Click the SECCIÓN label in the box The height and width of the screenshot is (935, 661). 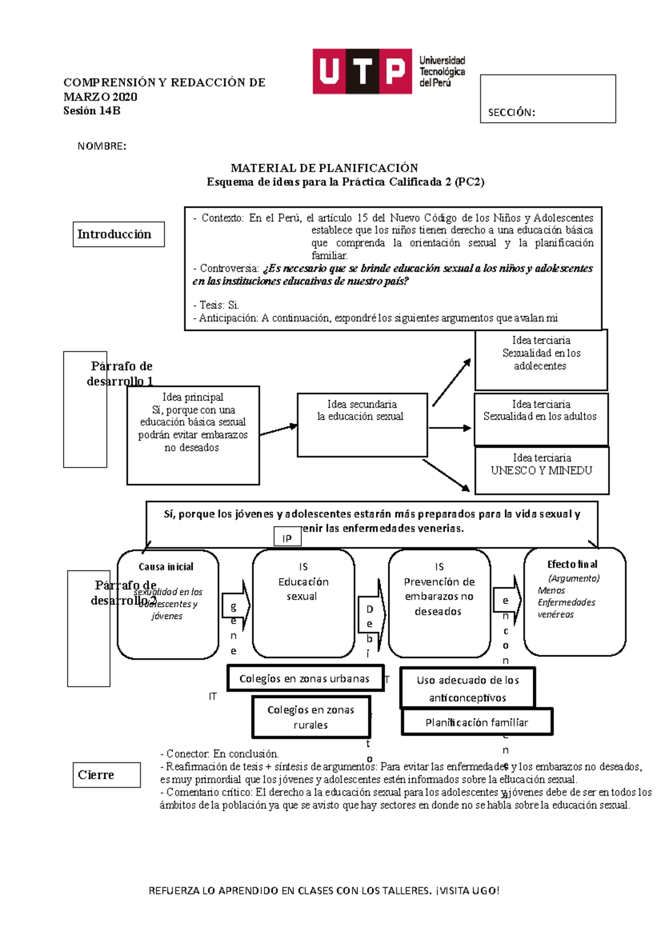click(511, 113)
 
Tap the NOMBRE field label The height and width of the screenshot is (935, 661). click(102, 146)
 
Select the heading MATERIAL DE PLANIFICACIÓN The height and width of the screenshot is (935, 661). click(324, 168)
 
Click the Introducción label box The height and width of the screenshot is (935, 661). click(118, 235)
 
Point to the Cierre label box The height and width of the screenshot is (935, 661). click(106, 775)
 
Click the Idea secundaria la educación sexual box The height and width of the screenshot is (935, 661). click(362, 425)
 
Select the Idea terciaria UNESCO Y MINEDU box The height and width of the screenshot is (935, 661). click(541, 470)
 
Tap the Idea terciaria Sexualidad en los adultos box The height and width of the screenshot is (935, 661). click(540, 418)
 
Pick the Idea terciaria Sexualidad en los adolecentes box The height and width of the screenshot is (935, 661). click(540, 360)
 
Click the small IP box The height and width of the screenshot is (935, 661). click(288, 537)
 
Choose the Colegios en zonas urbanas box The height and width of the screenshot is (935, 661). click(305, 678)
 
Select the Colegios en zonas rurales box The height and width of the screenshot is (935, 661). click(311, 717)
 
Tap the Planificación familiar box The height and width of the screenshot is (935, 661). click(476, 722)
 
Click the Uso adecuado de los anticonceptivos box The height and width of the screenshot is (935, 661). click(467, 688)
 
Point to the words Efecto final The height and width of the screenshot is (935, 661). click(572, 564)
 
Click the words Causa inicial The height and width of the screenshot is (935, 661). click(166, 567)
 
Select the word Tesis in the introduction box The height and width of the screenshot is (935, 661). click(210, 305)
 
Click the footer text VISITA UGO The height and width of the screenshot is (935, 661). click(469, 890)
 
